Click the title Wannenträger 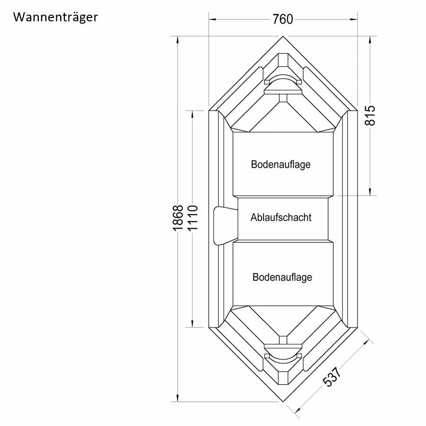click(x=55, y=18)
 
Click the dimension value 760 click(x=283, y=19)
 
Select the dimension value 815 click(x=371, y=115)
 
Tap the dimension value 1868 click(x=177, y=218)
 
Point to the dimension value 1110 click(x=192, y=218)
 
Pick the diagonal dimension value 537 click(x=333, y=377)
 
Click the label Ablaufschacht click(x=281, y=217)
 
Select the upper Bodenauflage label click(x=281, y=164)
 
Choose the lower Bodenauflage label click(x=282, y=277)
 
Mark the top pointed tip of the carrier click(x=283, y=37)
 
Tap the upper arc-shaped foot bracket click(x=283, y=83)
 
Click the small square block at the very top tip click(x=283, y=60)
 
